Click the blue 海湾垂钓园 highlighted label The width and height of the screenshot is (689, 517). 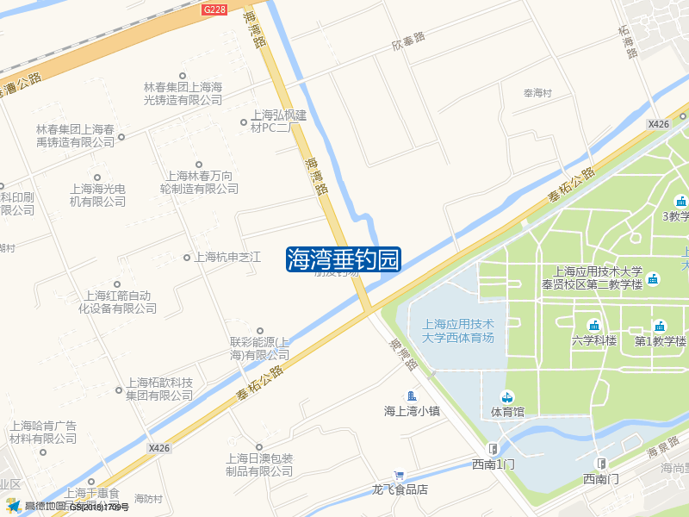344,258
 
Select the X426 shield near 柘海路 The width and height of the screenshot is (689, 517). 659,124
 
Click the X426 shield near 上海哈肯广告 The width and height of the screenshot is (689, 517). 158,448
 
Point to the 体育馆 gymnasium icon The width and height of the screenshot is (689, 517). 507,396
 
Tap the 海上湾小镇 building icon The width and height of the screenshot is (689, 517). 412,396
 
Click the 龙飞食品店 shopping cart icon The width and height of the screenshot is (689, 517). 399,474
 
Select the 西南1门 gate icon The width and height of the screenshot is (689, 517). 493,448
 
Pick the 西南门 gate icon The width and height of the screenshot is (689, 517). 600,463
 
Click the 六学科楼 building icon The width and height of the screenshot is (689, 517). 593,325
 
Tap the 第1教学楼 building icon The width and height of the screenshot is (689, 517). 660,325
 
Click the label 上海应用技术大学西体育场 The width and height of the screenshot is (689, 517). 459,331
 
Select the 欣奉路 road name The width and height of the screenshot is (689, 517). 408,40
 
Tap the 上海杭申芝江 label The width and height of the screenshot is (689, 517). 227,257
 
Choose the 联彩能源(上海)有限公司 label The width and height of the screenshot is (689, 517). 259,348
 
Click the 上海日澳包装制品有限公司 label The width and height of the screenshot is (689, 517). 259,464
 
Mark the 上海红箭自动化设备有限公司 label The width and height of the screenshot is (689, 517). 118,301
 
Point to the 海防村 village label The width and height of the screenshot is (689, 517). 148,499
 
